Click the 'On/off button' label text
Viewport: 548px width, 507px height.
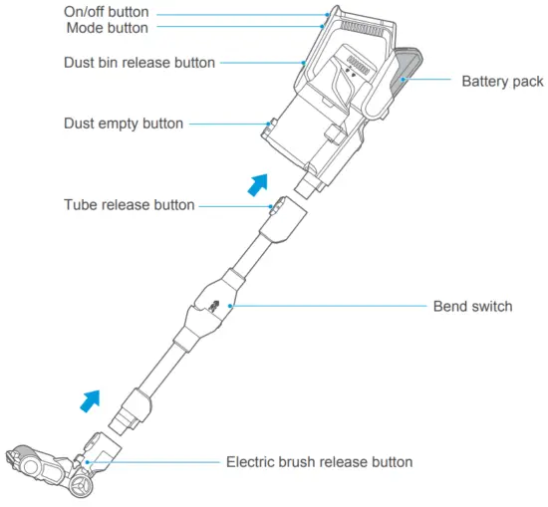(x=106, y=12)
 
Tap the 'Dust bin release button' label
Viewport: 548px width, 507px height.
(x=138, y=63)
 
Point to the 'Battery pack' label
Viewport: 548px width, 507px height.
(x=502, y=80)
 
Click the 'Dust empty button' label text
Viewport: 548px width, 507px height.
(x=125, y=125)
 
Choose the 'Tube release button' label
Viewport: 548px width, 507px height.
(x=129, y=206)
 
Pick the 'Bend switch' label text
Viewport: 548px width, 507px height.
(x=472, y=307)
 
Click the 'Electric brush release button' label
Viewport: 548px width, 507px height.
(x=319, y=462)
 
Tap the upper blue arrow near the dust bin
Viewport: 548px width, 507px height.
(x=258, y=184)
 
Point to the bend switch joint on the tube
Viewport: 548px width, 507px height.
(x=213, y=306)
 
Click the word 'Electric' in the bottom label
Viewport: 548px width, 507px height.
(x=253, y=462)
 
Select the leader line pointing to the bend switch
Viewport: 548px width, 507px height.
(x=329, y=307)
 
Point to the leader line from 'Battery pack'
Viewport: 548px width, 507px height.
(x=428, y=80)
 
